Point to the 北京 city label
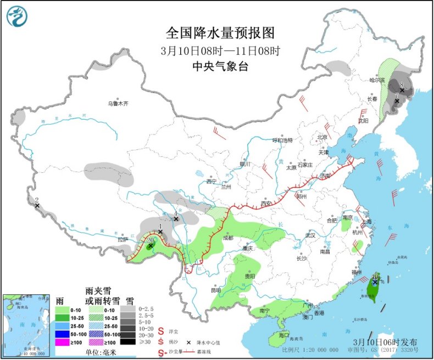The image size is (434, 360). (x=321, y=137)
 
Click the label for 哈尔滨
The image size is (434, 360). (x=378, y=80)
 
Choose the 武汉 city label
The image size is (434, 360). (x=310, y=235)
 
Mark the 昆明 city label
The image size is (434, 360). (x=216, y=289)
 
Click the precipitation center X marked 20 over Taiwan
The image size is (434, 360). (x=375, y=282)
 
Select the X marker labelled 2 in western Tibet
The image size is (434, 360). (x=37, y=206)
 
